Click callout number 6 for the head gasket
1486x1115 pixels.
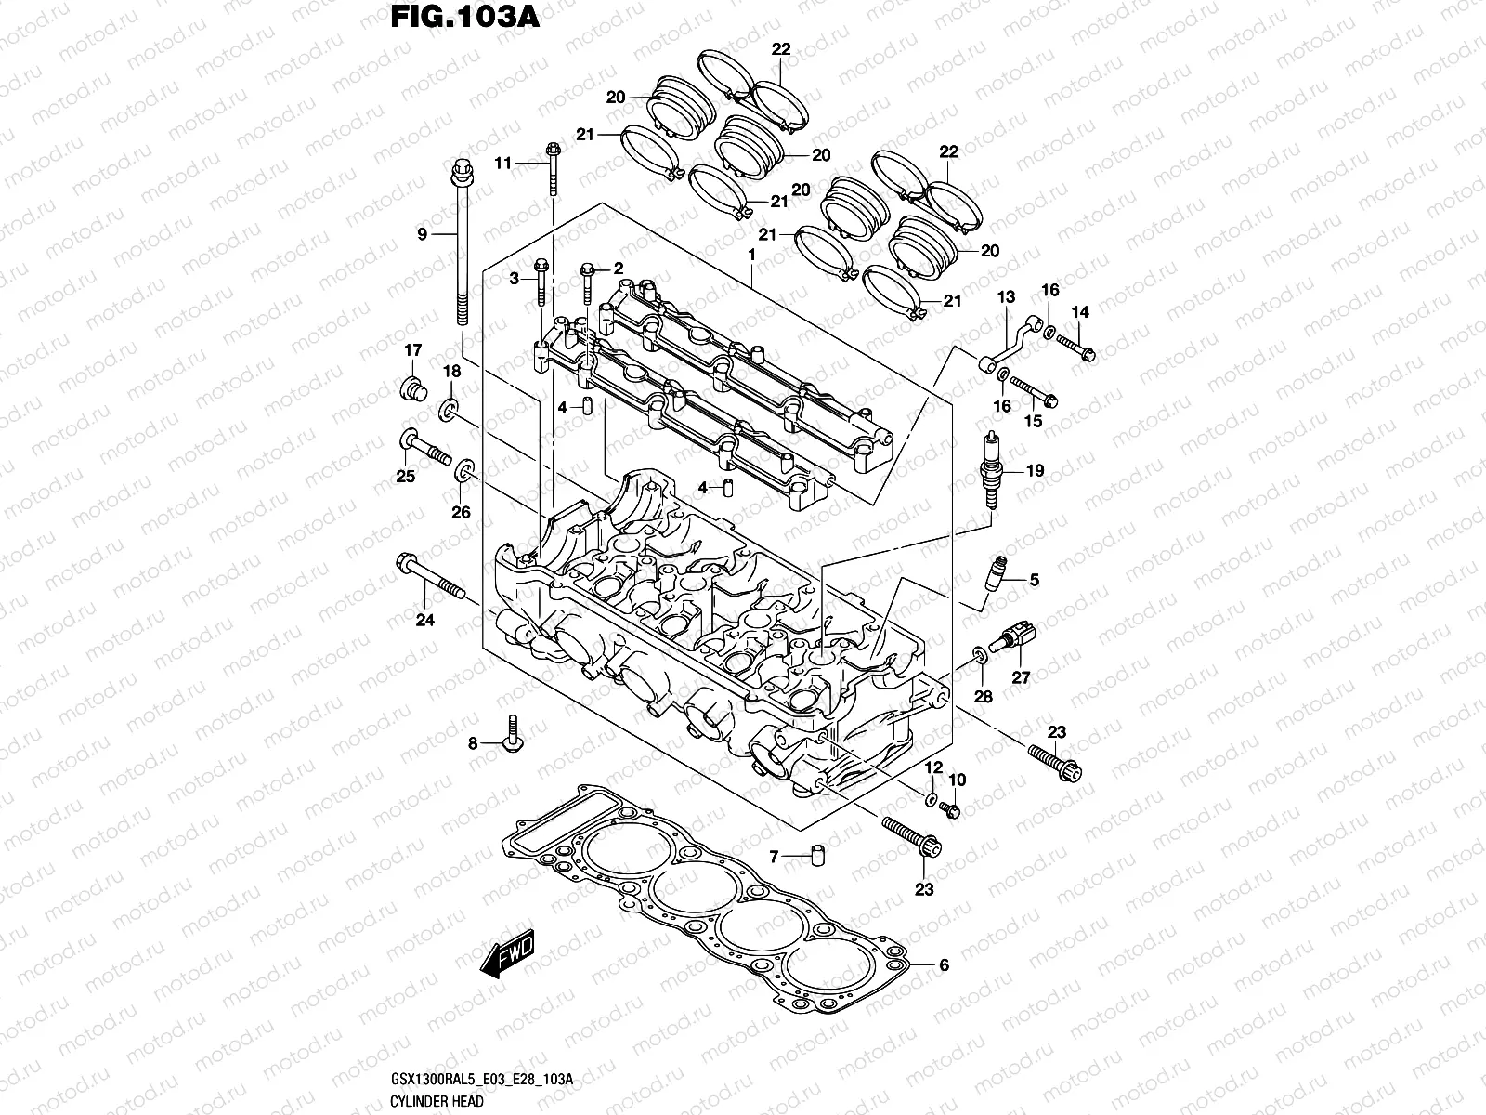coord(944,965)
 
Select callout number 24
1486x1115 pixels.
coord(424,621)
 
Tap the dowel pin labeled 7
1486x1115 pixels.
coord(818,856)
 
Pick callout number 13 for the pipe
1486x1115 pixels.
coord(1006,296)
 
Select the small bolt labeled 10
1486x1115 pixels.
coord(950,810)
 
